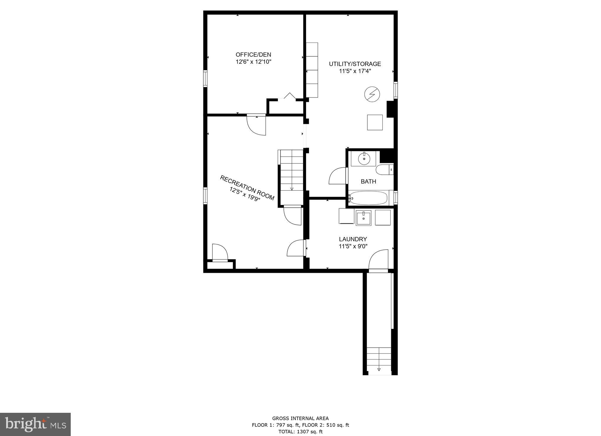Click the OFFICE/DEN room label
pyautogui.click(x=253, y=55)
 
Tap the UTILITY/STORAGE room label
pyautogui.click(x=355, y=64)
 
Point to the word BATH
pyautogui.click(x=368, y=182)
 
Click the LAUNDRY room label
pyautogui.click(x=353, y=239)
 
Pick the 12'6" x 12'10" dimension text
pyautogui.click(x=253, y=62)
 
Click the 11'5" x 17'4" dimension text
pyautogui.click(x=355, y=71)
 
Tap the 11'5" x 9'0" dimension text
pyautogui.click(x=353, y=246)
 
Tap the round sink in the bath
pyautogui.click(x=364, y=159)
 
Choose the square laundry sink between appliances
pyautogui.click(x=363, y=218)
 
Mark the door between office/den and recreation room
pyautogui.click(x=256, y=125)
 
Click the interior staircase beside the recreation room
pyautogui.click(x=291, y=170)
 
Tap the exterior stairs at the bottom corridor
pyautogui.click(x=379, y=361)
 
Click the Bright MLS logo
pyautogui.click(x=35, y=424)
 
